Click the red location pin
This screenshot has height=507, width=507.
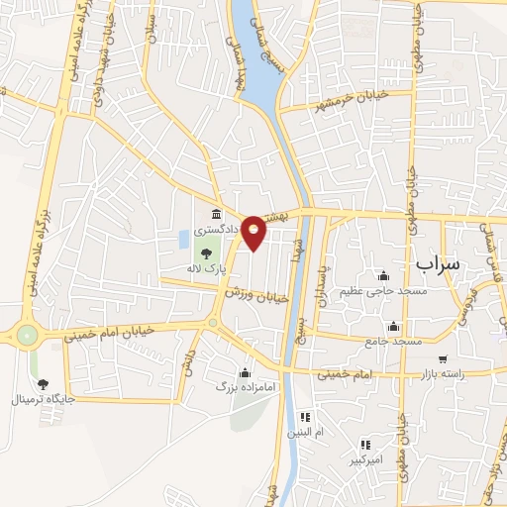254,233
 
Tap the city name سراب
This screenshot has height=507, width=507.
440,263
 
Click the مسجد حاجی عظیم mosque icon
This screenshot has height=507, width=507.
383,275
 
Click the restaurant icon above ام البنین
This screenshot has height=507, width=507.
305,417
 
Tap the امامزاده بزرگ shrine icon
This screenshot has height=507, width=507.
245,372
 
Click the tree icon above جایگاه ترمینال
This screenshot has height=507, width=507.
42,384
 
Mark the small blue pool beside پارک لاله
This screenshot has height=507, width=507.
184,239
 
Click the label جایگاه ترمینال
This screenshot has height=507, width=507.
43,400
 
